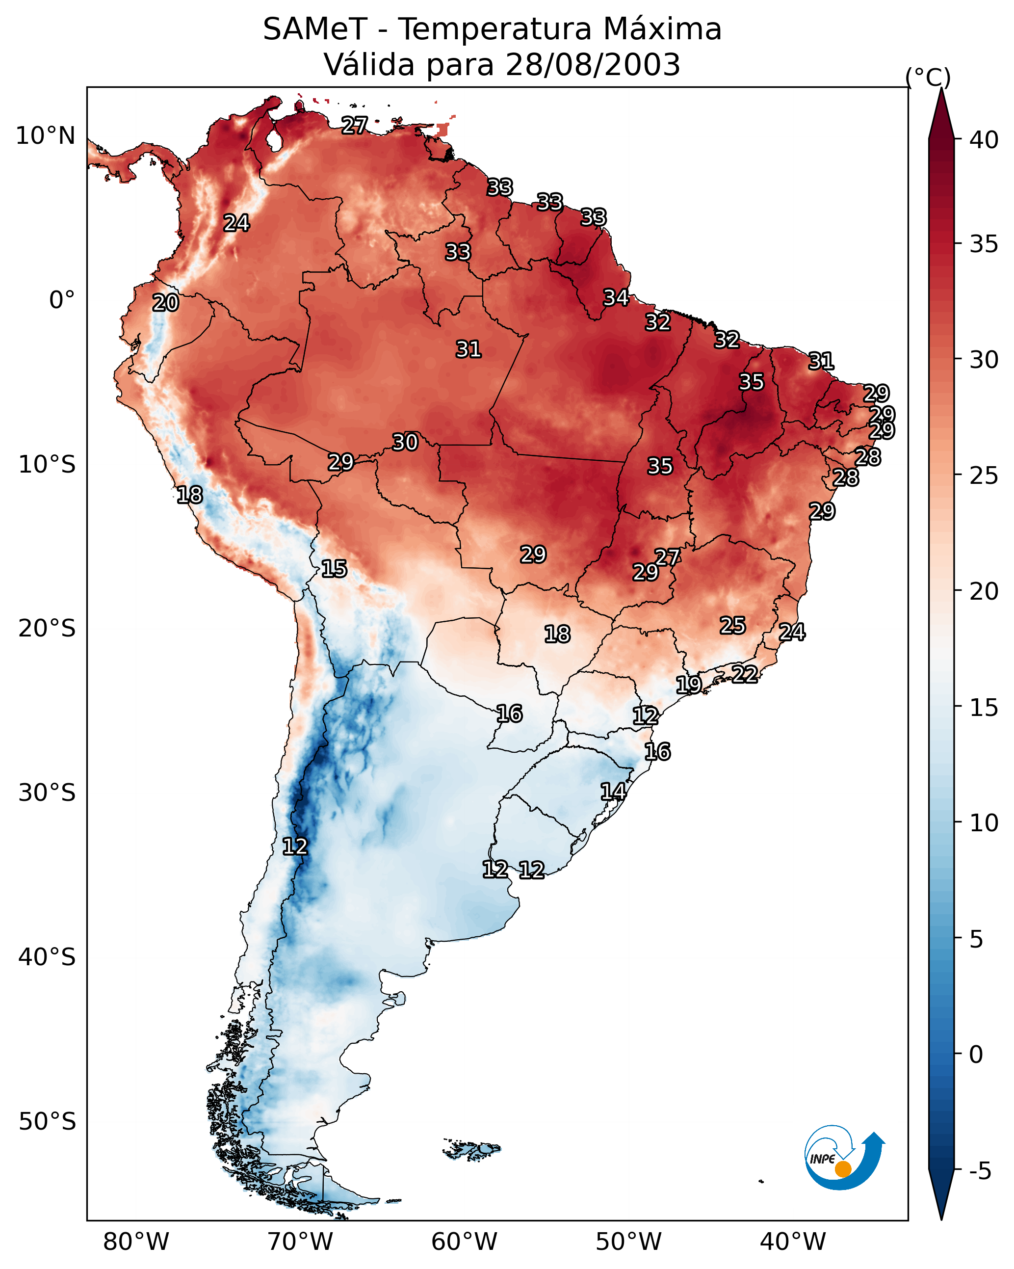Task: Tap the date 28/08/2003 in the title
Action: click(x=593, y=64)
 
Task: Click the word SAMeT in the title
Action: click(x=315, y=29)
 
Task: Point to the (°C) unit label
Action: click(x=928, y=77)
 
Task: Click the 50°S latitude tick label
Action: click(x=47, y=1122)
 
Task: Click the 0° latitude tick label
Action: click(x=62, y=300)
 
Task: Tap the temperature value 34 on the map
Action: click(x=616, y=298)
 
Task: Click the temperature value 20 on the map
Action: click(x=165, y=303)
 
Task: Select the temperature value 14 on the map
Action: click(x=613, y=792)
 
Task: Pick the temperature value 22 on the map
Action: click(x=745, y=674)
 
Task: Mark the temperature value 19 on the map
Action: click(x=689, y=685)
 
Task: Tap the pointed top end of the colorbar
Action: click(x=941, y=88)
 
